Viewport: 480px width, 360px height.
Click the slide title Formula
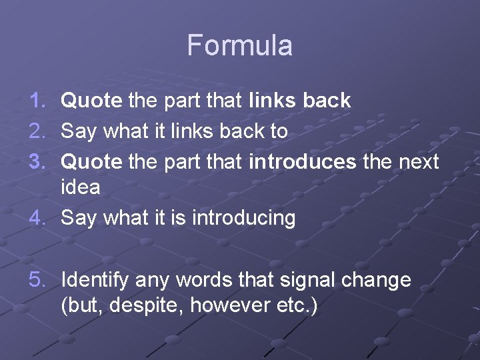coord(239,45)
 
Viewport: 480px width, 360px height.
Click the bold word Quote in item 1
coord(91,101)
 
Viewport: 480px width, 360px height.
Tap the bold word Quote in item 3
coord(91,161)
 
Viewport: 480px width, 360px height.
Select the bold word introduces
coord(302,161)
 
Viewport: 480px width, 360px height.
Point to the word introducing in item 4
coord(243,218)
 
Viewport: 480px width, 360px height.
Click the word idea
coord(81,187)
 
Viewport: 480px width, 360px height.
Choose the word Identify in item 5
coord(94,281)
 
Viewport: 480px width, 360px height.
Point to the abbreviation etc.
coord(294,306)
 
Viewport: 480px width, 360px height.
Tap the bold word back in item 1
coord(327,101)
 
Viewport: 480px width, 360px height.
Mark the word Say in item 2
coord(79,131)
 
